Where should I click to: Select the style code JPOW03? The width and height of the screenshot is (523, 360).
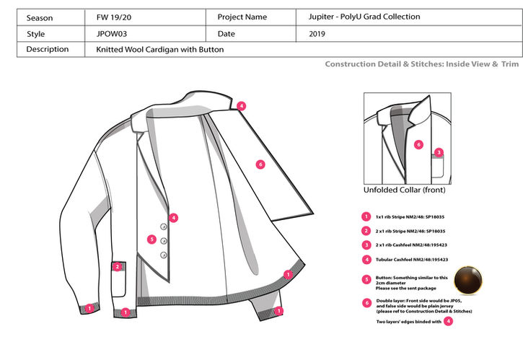tap(111, 33)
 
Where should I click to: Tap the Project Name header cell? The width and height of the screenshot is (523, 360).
tap(242, 17)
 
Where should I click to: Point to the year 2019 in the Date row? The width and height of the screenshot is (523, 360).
tap(318, 33)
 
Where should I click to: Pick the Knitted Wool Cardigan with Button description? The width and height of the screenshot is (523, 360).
tap(159, 50)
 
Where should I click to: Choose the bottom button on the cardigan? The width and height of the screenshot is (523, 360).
tap(164, 254)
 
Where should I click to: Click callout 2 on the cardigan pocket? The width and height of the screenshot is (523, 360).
tap(117, 266)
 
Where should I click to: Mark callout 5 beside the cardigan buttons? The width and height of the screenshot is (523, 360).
tap(151, 240)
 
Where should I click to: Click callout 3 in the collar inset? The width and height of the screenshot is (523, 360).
tap(439, 152)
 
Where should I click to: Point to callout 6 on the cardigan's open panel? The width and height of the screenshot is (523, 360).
tap(261, 164)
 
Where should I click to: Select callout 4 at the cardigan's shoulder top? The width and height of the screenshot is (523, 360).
tap(241, 105)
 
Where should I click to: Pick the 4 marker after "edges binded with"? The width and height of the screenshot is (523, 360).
tap(448, 322)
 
